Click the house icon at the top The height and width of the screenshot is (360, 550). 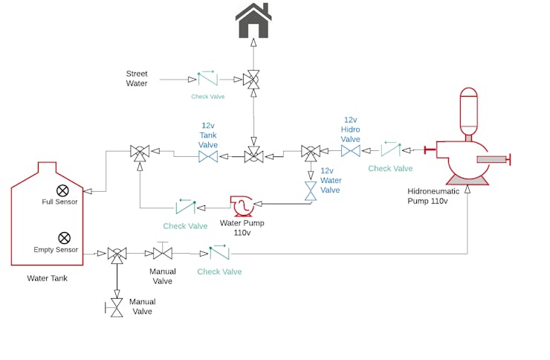pyautogui.click(x=253, y=21)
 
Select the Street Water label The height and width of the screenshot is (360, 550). pyautogui.click(x=137, y=79)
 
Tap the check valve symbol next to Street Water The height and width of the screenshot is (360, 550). pyautogui.click(x=207, y=78)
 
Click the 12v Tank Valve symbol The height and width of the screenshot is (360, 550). pyautogui.click(x=208, y=157)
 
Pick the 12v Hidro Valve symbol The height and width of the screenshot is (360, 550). pyautogui.click(x=351, y=151)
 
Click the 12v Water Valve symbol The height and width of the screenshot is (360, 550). pyautogui.click(x=311, y=191)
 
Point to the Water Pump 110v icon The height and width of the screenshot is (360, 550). pyautogui.click(x=242, y=206)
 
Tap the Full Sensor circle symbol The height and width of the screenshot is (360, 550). pyautogui.click(x=63, y=190)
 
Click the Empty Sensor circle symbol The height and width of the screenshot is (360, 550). pyautogui.click(x=64, y=238)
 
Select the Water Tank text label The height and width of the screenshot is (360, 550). pyautogui.click(x=47, y=279)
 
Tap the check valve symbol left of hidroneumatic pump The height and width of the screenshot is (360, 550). pyautogui.click(x=391, y=150)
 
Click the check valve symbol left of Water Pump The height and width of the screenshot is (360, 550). pyautogui.click(x=186, y=207)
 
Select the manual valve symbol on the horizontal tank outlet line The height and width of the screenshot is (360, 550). pyautogui.click(x=162, y=253)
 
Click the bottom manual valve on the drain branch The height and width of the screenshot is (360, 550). pyautogui.click(x=117, y=306)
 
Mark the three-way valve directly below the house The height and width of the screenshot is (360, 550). pyautogui.click(x=253, y=79)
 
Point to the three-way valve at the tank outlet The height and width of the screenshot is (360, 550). pyautogui.click(x=117, y=254)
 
